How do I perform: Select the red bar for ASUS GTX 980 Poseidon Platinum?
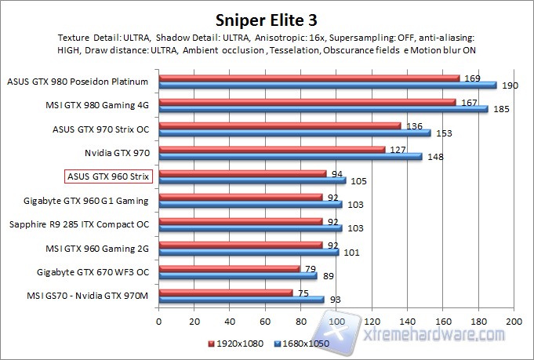coord(309,78)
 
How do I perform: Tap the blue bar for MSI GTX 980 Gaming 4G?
coord(323,109)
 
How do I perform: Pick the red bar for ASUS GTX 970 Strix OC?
coord(280,125)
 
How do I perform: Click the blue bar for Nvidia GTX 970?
coord(290,156)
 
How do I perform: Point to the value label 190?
coord(507,85)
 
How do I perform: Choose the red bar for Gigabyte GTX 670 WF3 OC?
coord(229,268)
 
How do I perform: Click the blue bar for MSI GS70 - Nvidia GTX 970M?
coord(242,299)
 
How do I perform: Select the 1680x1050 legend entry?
coord(302,343)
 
